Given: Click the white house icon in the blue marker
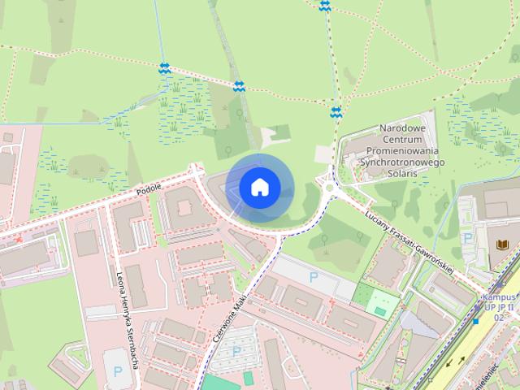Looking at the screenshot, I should [259, 187].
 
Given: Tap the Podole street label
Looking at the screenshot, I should [149, 188].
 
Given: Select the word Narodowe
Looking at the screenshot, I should [403, 128].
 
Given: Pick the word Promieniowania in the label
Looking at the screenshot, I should [402, 151].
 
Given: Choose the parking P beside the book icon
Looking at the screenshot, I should [467, 239].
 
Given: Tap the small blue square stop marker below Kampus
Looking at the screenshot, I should [475, 322].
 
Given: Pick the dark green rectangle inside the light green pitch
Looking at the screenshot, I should [380, 310].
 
